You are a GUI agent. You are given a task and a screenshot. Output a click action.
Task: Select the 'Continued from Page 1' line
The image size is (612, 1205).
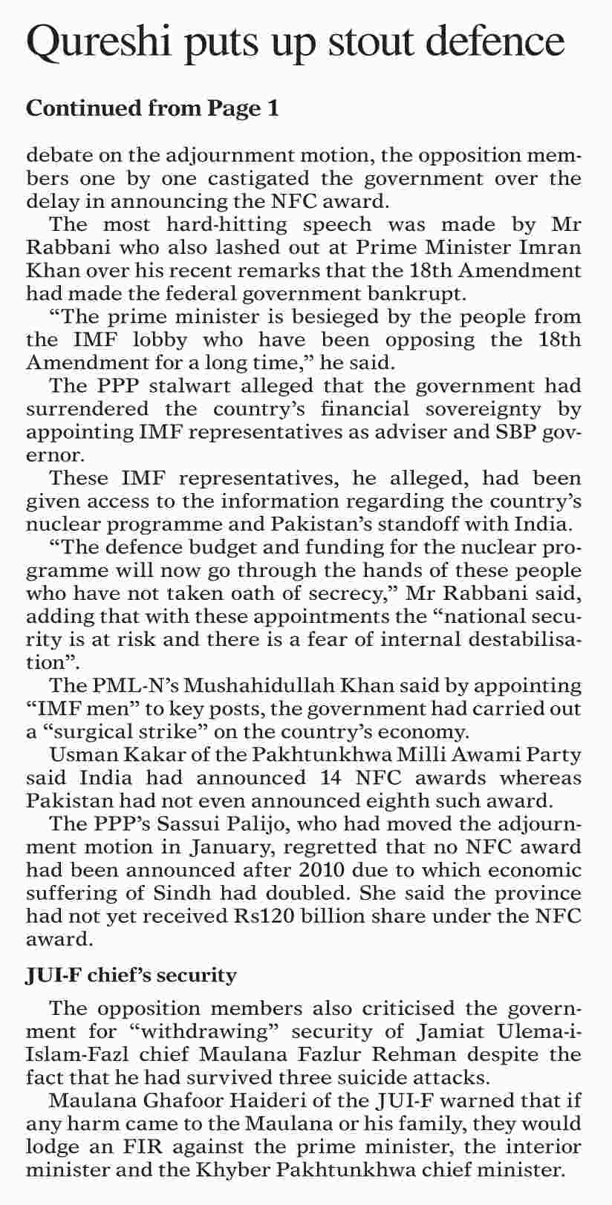point(152,108)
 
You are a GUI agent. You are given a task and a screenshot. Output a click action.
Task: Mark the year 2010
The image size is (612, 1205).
point(277,870)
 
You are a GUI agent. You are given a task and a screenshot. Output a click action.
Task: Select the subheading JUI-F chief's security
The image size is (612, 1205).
point(131,974)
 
